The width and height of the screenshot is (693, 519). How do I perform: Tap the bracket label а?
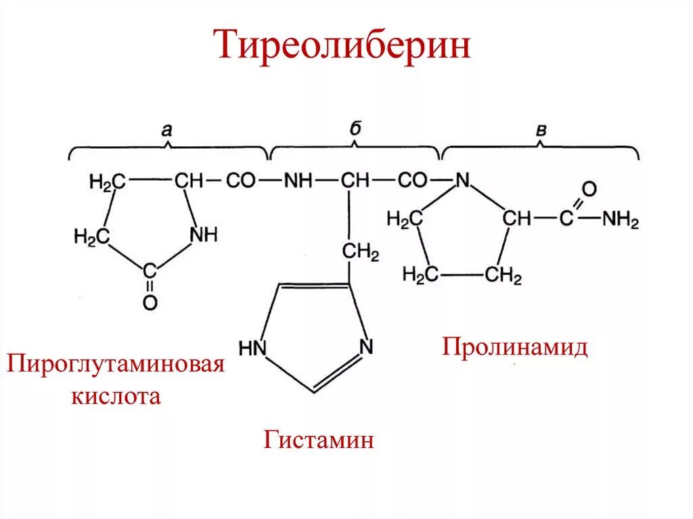[167, 130]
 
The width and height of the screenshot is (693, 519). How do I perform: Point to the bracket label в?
[541, 131]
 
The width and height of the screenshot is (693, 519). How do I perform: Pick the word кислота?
[116, 395]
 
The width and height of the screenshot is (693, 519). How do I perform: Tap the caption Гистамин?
[319, 441]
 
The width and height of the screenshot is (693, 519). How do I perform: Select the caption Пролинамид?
[515, 347]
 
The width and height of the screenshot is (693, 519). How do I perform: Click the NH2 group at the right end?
[621, 219]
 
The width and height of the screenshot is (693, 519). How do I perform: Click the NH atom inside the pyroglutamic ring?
[204, 235]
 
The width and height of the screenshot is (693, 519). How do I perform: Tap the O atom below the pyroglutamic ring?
[150, 302]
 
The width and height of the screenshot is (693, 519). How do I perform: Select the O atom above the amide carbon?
[589, 188]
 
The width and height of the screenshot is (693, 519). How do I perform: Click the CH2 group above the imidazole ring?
[361, 253]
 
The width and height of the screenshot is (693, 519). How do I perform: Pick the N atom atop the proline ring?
[463, 181]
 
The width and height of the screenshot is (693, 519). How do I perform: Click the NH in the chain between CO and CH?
[298, 181]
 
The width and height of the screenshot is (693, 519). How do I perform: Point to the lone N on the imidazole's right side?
[365, 346]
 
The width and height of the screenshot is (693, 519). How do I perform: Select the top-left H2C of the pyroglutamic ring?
[108, 181]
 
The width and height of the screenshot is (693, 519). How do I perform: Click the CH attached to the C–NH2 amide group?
[518, 219]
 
